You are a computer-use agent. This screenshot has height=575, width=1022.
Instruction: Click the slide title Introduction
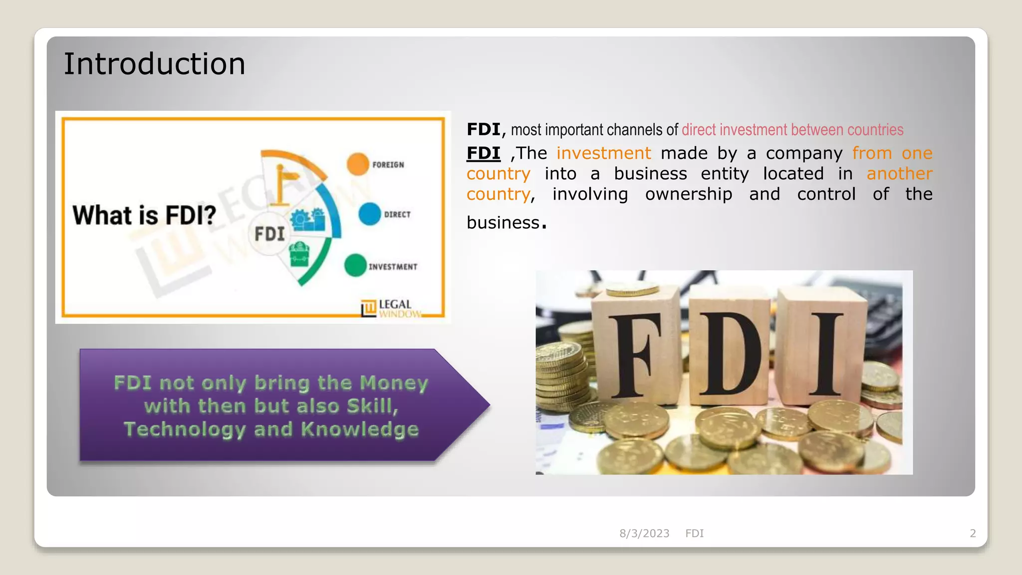(x=154, y=64)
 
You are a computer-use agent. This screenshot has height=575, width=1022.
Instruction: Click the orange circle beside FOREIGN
(x=358, y=164)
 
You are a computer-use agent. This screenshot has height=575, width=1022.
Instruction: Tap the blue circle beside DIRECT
(x=370, y=214)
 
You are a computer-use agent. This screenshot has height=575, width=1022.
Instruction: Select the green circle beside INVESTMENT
(x=355, y=265)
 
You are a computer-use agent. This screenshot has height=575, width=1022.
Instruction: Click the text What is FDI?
(x=144, y=215)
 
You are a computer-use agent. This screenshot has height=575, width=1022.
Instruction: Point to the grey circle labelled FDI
(x=269, y=234)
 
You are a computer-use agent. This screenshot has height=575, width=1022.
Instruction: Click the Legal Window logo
(x=391, y=308)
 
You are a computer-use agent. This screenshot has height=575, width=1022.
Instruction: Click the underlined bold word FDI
(x=483, y=153)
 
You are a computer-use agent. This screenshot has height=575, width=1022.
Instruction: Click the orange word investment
(x=604, y=153)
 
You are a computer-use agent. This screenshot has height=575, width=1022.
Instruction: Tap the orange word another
(x=899, y=174)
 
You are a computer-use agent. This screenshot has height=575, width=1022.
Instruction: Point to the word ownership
(x=689, y=194)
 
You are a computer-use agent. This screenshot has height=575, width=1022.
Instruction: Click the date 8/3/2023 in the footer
(x=644, y=534)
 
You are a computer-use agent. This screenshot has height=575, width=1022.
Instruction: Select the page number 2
(x=973, y=534)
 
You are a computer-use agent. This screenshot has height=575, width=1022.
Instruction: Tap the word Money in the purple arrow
(x=394, y=383)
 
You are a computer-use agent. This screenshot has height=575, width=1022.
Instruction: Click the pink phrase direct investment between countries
(x=792, y=130)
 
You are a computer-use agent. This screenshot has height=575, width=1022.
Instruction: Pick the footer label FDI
(x=694, y=534)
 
